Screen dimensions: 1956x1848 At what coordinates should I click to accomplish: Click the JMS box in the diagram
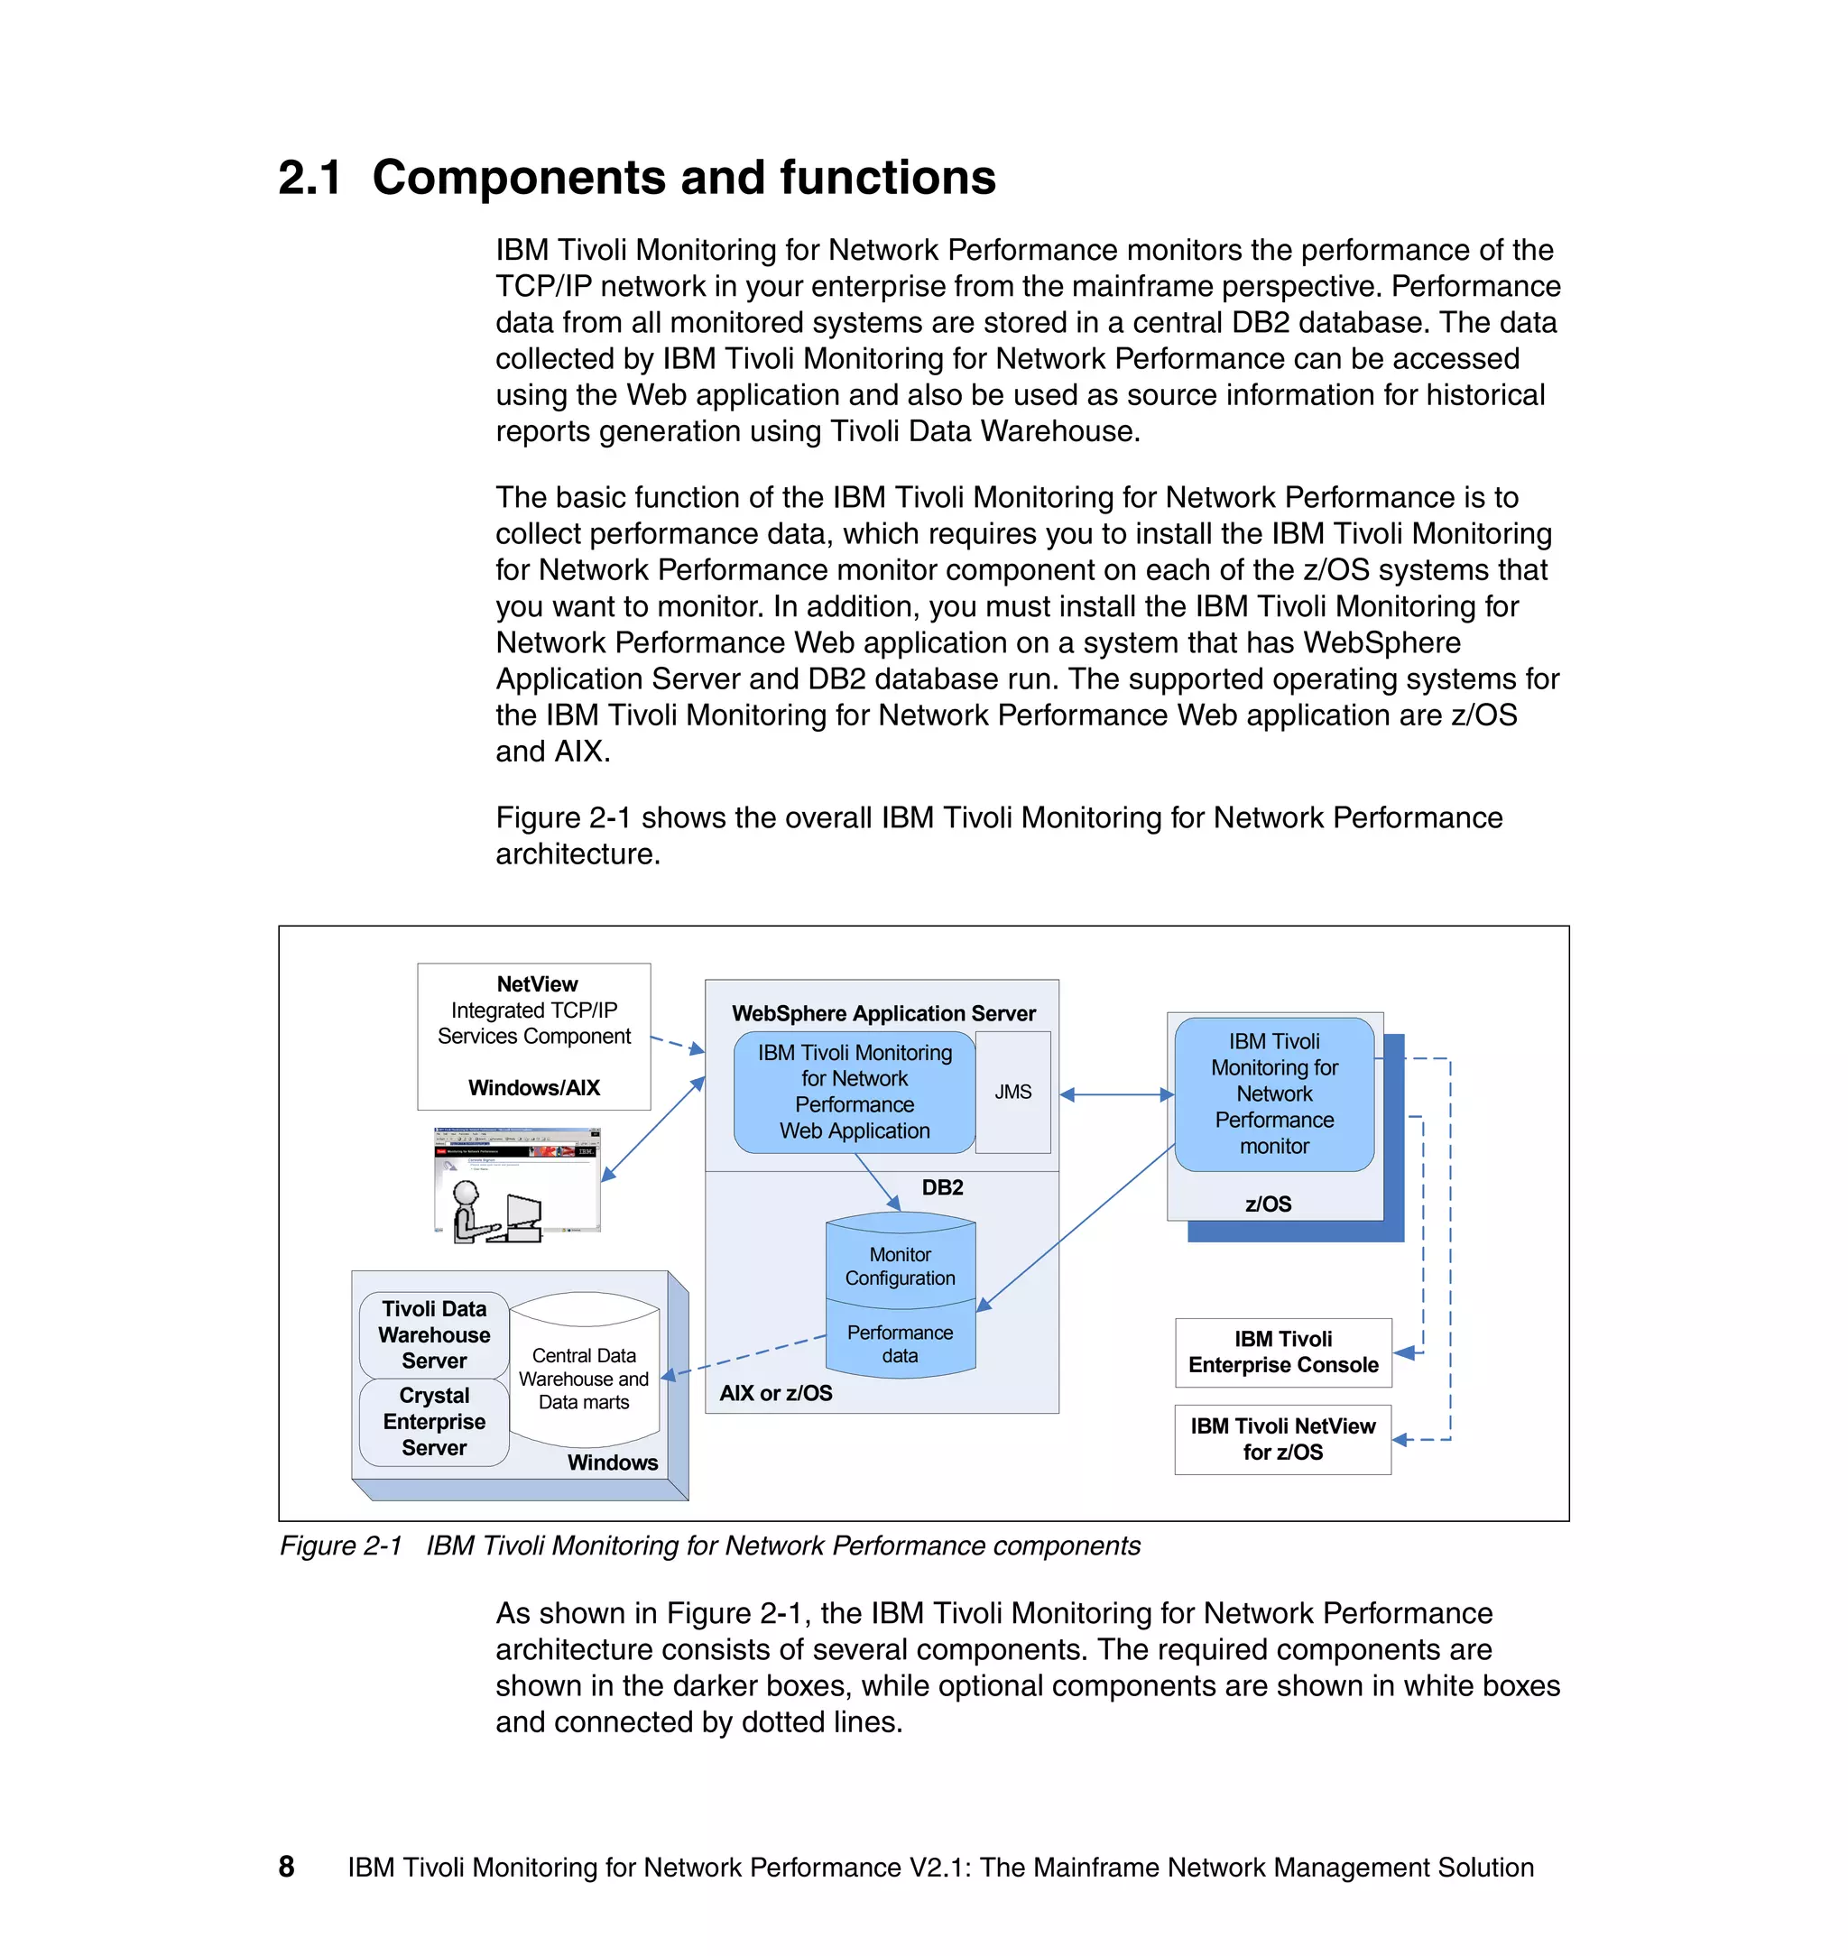1012,1092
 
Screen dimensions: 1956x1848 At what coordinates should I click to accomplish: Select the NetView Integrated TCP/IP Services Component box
534,1035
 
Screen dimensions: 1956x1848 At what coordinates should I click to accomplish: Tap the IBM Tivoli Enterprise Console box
1282,1352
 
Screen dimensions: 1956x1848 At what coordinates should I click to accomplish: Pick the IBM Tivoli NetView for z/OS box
1282,1438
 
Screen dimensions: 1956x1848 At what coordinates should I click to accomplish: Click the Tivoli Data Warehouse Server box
433,1334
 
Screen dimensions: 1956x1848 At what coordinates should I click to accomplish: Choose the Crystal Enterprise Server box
433,1421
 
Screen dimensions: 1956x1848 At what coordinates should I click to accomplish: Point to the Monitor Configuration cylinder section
900,1266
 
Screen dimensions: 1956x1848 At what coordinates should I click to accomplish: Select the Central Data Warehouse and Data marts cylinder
584,1378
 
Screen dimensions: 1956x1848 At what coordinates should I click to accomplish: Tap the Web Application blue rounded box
854,1092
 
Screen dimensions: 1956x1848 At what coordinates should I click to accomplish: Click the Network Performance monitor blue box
1274,1093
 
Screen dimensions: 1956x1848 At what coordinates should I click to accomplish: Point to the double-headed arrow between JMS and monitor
1116,1094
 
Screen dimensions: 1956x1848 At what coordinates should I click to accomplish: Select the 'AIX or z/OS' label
775,1393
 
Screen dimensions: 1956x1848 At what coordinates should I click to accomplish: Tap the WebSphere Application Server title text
883,1012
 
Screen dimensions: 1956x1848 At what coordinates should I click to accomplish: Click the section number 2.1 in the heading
310,179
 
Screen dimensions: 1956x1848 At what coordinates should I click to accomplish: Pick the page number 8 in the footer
287,1867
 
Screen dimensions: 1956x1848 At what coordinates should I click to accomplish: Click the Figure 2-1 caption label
341,1545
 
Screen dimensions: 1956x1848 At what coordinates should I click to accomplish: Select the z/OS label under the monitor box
1268,1204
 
